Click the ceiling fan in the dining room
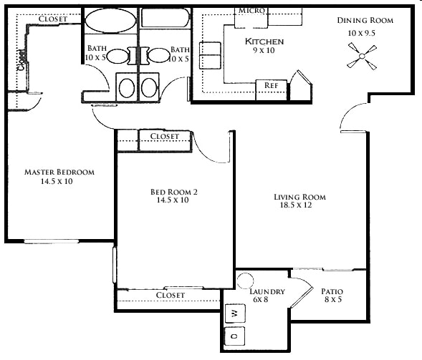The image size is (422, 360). point(362,57)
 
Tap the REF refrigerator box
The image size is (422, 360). point(271,89)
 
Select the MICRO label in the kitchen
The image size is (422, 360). point(252,11)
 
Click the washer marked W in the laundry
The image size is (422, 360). point(235,313)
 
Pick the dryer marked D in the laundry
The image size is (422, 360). point(234,336)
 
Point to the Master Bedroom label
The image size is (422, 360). point(59,172)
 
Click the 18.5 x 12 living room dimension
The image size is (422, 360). point(296,205)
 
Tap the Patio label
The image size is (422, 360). point(332,291)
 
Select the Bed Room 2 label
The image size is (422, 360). point(174,192)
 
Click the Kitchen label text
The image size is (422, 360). point(264,42)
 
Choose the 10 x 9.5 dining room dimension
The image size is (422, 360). point(361,33)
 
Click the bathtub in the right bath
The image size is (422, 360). point(165,18)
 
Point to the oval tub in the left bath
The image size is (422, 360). point(110,21)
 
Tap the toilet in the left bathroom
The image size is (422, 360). point(126,87)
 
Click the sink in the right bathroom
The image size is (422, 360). point(159,56)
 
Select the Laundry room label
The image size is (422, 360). point(267,292)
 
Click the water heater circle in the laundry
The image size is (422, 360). point(245,281)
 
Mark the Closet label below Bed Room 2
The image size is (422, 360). point(171,295)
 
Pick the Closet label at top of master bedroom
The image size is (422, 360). point(53,19)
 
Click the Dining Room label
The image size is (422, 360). point(365,21)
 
